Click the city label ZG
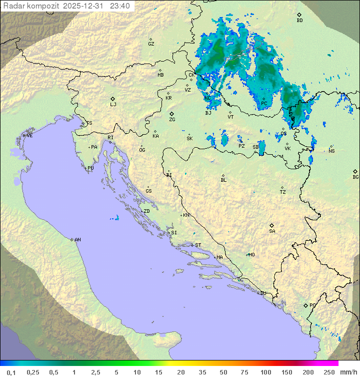172,120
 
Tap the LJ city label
113,105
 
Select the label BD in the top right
299,21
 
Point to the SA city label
272,231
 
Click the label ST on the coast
198,245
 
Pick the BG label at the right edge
355,177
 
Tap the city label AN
77,240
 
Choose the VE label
29,136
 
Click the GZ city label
151,44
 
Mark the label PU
90,168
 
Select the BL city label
223,180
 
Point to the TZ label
283,192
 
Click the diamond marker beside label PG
306,305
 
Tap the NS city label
331,151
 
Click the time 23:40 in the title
120,6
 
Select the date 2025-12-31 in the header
85,6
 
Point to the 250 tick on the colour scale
329,372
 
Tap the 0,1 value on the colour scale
11,372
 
